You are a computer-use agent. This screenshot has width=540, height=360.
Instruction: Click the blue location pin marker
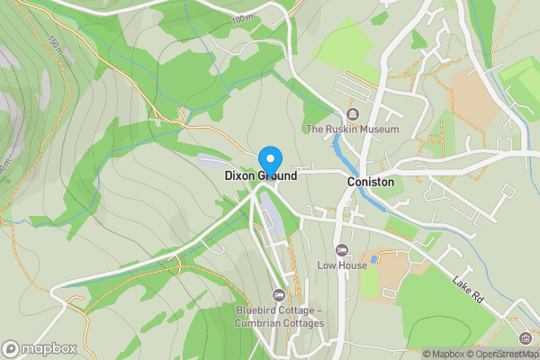coord(268,158)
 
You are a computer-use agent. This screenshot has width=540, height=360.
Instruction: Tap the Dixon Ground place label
coord(261,176)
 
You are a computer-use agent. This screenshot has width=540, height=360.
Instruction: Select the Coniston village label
coord(371,181)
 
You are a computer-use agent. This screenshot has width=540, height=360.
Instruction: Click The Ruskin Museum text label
coord(352,130)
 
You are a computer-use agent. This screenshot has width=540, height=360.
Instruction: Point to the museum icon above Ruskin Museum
coord(352,113)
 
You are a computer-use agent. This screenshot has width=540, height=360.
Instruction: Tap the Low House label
coord(341,265)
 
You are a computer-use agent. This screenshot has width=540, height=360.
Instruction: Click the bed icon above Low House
coord(341,249)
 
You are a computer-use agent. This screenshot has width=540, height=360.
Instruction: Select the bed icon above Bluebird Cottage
coord(279,295)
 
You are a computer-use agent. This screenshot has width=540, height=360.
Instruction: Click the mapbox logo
coord(39,348)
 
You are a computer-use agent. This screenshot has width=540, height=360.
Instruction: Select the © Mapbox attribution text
coord(445,354)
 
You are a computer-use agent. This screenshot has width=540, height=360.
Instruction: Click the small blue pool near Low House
coord(373,260)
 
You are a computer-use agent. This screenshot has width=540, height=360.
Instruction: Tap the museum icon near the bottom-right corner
coord(525,338)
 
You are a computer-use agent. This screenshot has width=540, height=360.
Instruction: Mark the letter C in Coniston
coord(351,181)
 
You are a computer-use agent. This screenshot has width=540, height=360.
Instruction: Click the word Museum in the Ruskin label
coord(378,130)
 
